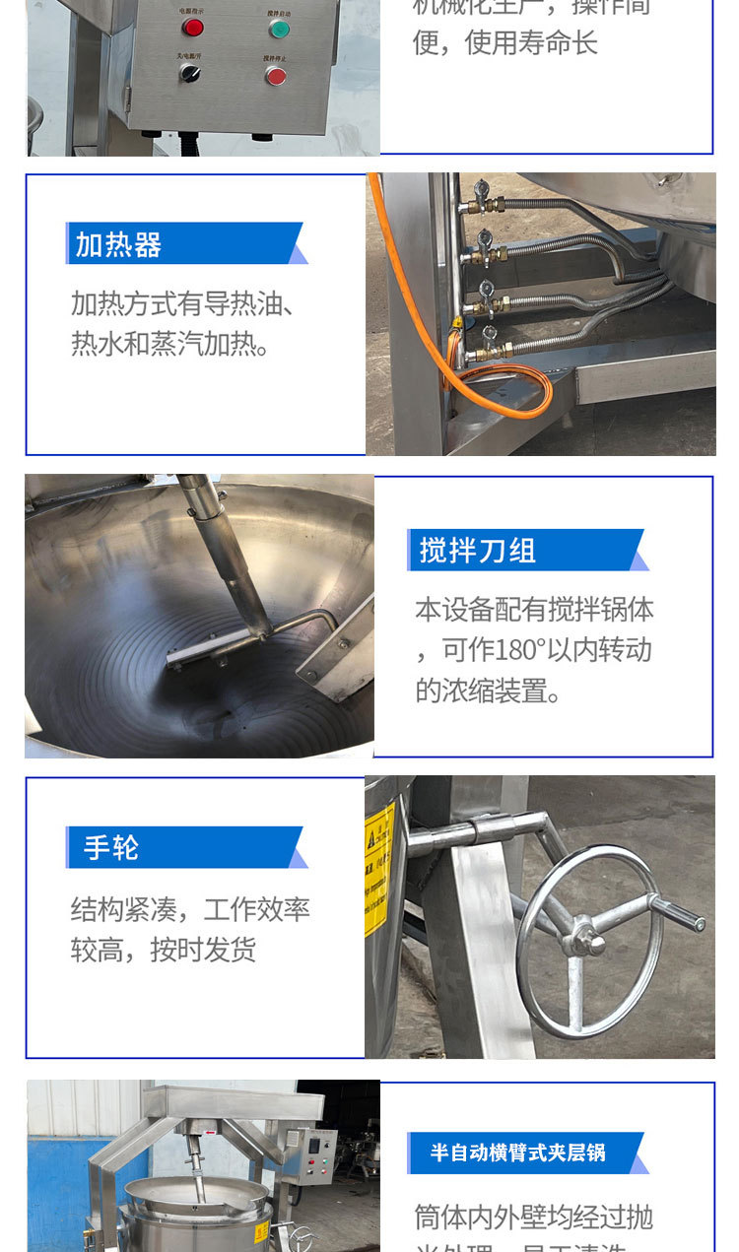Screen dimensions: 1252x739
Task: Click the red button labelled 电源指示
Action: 192,27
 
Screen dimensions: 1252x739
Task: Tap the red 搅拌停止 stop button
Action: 276,76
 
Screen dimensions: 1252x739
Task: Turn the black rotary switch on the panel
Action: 190,74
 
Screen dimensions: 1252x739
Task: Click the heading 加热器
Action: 118,244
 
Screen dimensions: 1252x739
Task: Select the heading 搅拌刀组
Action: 478,551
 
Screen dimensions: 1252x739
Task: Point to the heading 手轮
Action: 111,847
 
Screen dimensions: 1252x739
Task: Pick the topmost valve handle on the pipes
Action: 480,188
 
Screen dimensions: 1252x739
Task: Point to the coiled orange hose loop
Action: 503,389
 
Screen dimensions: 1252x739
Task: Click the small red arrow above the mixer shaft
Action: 207,1133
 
